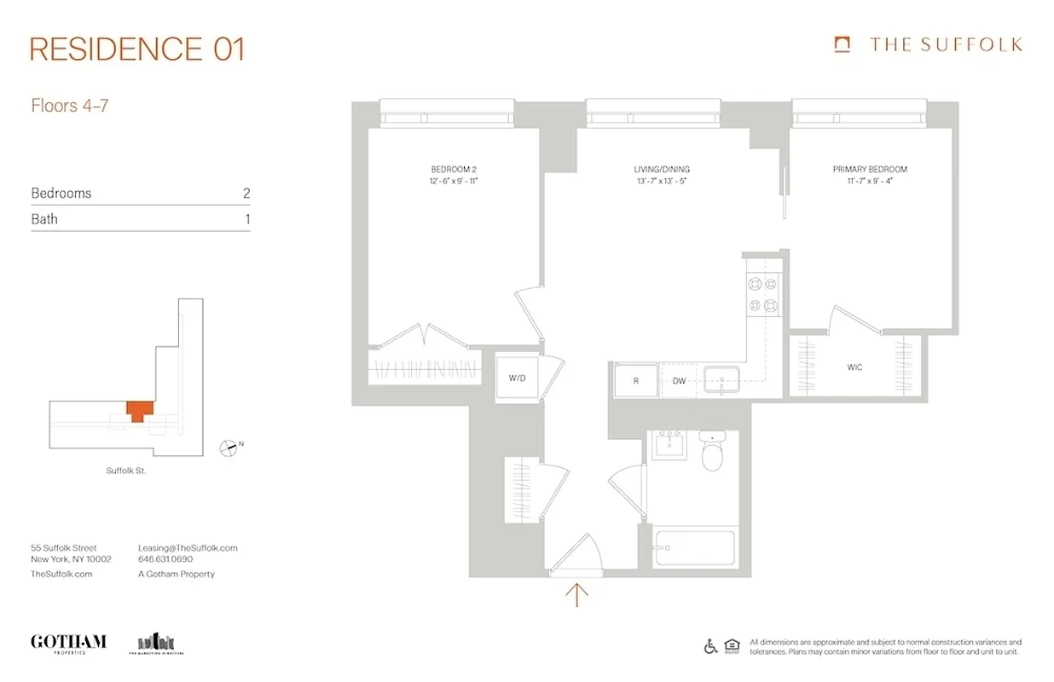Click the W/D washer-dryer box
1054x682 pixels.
[x=518, y=377]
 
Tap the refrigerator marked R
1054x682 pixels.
[x=635, y=380]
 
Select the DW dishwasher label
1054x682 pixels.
[x=679, y=381]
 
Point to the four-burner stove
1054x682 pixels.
[x=762, y=295]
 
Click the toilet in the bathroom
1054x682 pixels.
[x=712, y=454]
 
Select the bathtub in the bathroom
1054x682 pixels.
[x=694, y=545]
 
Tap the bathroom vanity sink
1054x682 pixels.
[x=670, y=444]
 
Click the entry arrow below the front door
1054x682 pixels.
[x=577, y=594]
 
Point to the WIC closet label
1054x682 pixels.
[x=854, y=367]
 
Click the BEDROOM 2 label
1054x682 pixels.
[x=453, y=170]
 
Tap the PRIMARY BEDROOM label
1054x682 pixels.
[x=870, y=170]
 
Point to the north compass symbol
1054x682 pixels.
[x=229, y=446]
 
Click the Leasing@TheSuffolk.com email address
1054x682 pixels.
[x=188, y=548]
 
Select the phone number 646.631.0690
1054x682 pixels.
[x=165, y=560]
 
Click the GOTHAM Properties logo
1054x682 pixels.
[x=68, y=643]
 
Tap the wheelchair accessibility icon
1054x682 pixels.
[x=710, y=646]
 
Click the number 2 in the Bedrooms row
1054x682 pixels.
[x=246, y=194]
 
